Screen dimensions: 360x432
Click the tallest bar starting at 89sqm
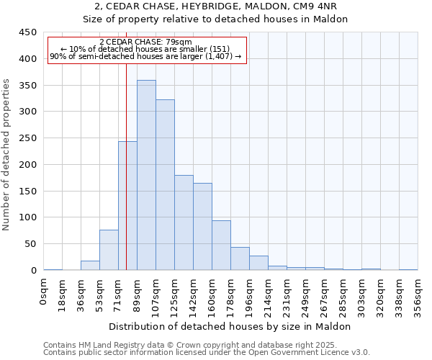coord(146,175)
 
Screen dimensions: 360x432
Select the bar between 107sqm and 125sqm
coord(165,185)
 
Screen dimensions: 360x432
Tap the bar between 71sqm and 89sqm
coord(127,205)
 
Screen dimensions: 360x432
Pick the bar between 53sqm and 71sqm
coord(109,250)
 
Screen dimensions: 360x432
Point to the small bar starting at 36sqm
coord(90,266)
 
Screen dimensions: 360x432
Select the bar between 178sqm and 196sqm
coord(240,258)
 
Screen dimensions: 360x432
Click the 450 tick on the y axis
coord(27,32)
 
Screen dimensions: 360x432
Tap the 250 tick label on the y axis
coord(27,138)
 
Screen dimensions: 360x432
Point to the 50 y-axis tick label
coord(30,244)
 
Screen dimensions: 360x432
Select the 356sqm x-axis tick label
coord(418,295)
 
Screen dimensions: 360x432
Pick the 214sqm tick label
coord(268,295)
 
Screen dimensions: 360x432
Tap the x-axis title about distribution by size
coord(230,326)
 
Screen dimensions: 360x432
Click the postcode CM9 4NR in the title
coord(328,6)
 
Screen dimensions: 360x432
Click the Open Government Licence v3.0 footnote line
coord(207,353)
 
